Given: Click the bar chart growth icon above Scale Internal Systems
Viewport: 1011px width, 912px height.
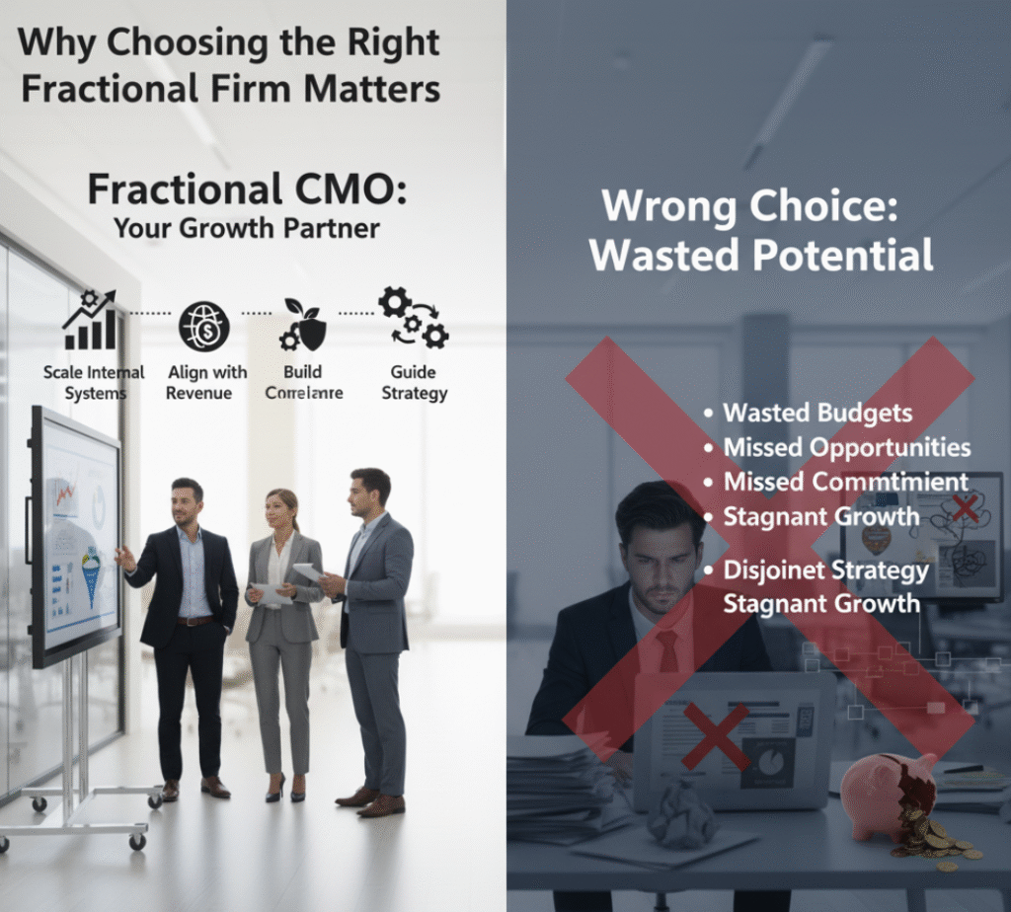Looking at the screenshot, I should click(x=91, y=321).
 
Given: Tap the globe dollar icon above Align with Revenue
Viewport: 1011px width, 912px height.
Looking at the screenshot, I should click(x=203, y=327).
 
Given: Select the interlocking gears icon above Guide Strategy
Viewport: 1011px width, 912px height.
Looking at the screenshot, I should click(x=413, y=318).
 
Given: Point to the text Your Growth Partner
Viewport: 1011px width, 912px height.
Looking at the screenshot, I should click(x=246, y=228).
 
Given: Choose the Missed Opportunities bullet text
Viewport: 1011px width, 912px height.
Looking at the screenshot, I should click(x=847, y=447).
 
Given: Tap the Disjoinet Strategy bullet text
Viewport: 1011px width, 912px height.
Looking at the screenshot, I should click(x=825, y=570).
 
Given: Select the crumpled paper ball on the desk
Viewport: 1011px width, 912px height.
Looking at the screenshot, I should click(x=683, y=810).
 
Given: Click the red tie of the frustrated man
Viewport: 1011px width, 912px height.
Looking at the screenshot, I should click(x=668, y=652).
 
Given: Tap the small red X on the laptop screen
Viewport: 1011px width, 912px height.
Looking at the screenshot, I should click(x=715, y=734).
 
